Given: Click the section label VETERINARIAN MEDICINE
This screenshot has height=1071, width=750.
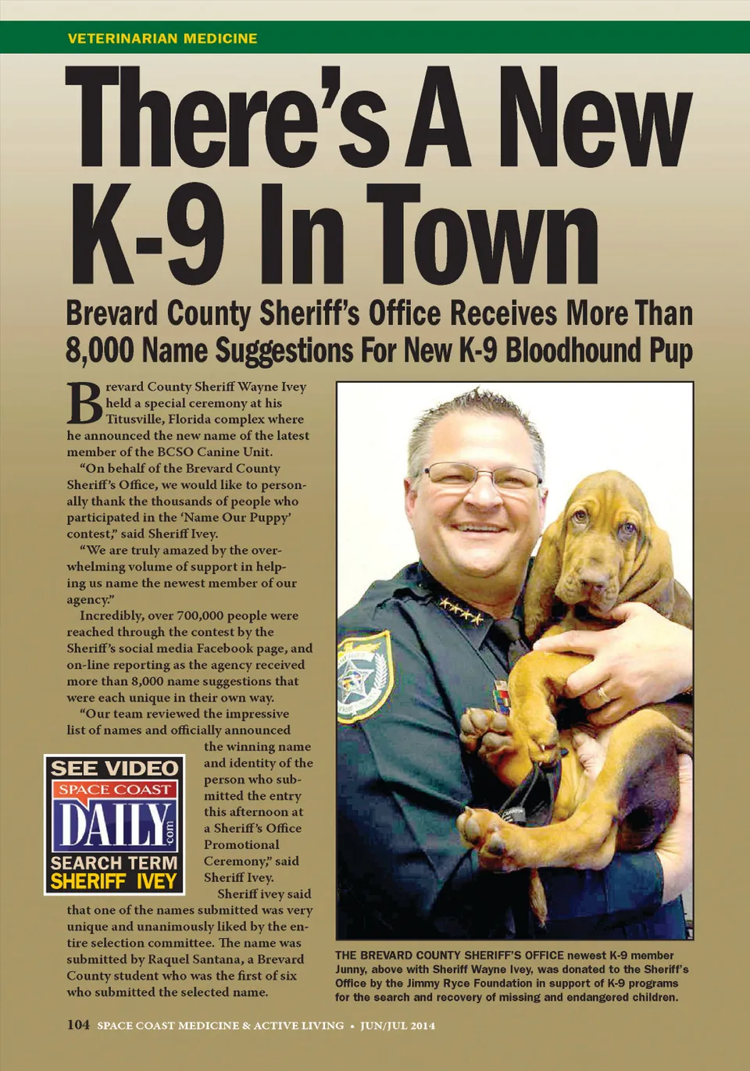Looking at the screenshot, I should coord(162,38).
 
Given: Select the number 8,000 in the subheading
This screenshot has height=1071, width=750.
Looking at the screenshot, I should coord(100,351).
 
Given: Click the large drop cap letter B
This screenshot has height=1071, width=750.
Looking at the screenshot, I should coord(84,404).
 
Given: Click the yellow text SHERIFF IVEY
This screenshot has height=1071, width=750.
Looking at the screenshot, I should coord(114,881).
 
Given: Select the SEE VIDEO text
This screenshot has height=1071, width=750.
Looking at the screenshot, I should coord(114,769).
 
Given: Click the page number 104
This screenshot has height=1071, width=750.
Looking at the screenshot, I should coord(78,1025).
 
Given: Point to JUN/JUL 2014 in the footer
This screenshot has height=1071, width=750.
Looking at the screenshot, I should coord(398,1026).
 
